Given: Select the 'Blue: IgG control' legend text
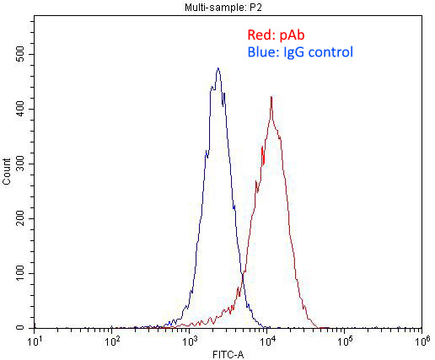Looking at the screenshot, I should [x=300, y=52].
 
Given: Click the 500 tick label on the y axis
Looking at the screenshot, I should [x=19, y=55].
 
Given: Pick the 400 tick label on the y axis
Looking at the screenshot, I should [x=19, y=110].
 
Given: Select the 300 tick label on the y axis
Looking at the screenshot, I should [x=19, y=164].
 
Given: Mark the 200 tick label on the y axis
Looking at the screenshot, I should [x=19, y=219].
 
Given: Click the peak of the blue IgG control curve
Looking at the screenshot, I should [x=217, y=68].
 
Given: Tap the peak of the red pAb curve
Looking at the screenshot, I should [x=271, y=96].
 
